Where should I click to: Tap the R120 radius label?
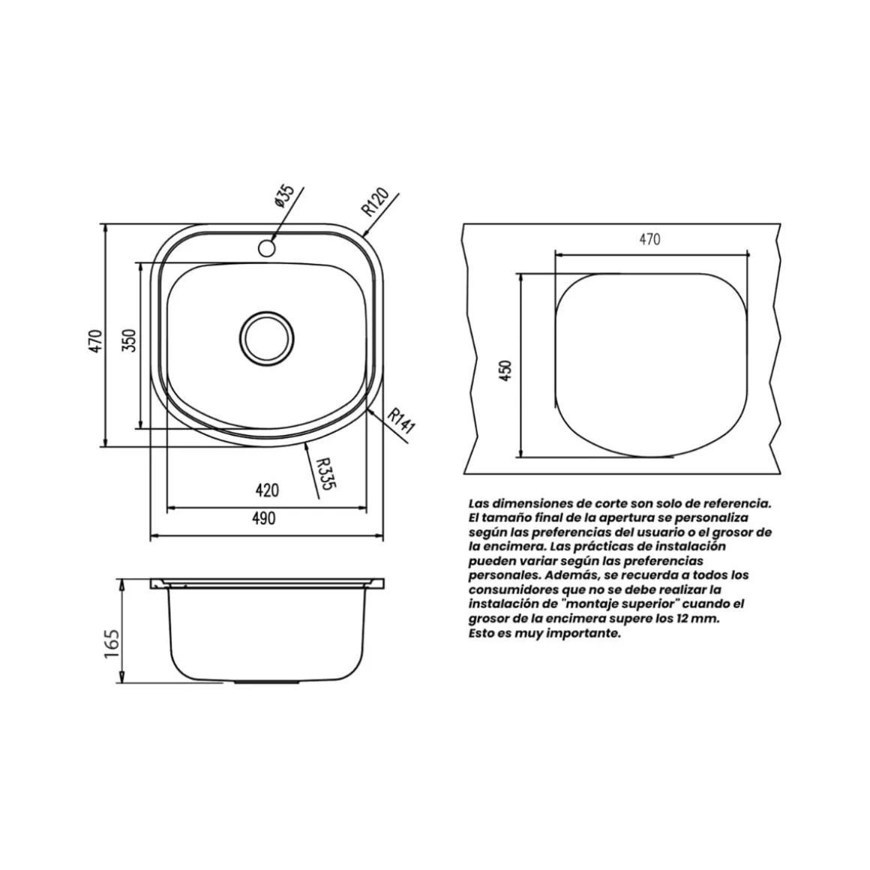coord(375,202)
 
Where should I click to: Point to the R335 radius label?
coord(325,473)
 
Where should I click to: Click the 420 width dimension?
coord(267,490)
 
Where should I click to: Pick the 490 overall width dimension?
coord(263,518)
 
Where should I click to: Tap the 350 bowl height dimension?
coord(129,340)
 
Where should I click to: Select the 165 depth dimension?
coord(112,643)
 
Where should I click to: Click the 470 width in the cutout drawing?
coord(649,239)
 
